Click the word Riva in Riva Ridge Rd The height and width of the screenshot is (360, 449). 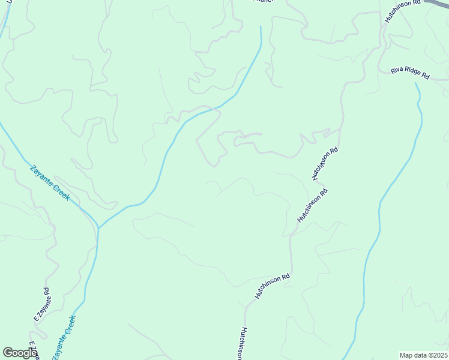point(397,70)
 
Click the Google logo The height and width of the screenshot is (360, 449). point(19,353)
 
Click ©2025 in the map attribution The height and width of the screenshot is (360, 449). point(437,355)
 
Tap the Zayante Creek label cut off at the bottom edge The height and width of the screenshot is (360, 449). point(64,338)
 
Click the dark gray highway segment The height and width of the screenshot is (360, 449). point(438,4)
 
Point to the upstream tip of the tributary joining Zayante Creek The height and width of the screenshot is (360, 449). point(261,26)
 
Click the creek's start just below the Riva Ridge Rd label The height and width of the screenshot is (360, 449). point(415,83)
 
